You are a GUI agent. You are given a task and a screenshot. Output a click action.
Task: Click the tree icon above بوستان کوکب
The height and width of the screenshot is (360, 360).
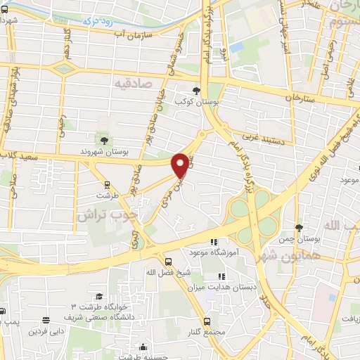(198, 91)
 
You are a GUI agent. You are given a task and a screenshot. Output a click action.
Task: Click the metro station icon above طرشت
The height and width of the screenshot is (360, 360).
(106, 186)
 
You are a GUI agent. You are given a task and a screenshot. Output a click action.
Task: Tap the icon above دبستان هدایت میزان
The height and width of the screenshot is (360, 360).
(221, 276)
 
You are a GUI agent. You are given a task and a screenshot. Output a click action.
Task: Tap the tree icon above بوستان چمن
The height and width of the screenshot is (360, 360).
(300, 228)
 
